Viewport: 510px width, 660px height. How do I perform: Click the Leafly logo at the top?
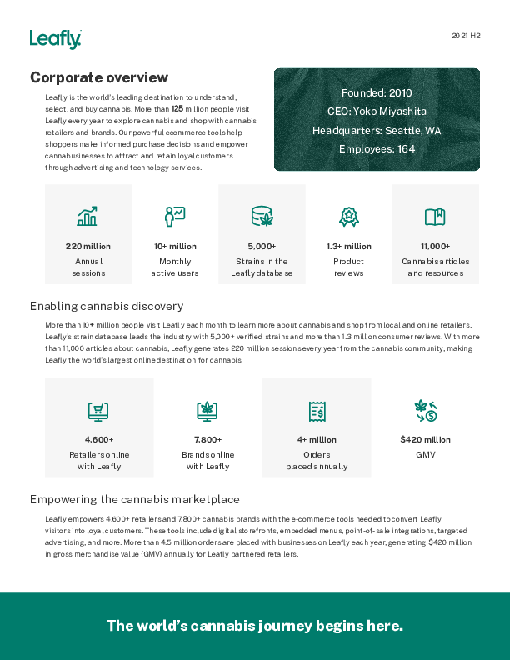tap(55, 39)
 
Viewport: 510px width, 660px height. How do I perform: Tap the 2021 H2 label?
tap(466, 36)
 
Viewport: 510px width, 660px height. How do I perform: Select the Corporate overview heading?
tap(99, 77)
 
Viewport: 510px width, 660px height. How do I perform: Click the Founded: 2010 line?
tap(377, 93)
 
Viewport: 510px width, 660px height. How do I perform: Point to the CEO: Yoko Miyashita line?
tap(377, 112)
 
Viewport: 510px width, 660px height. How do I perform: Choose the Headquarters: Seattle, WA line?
tap(377, 131)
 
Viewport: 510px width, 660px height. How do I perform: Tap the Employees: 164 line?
tap(377, 149)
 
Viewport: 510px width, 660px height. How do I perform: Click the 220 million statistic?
tap(87, 246)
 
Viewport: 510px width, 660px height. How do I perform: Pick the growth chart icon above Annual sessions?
tap(87, 217)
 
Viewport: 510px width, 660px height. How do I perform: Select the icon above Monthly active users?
tap(175, 217)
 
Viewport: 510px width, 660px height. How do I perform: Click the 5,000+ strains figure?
tap(262, 246)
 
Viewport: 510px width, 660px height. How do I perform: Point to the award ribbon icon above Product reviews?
tap(348, 217)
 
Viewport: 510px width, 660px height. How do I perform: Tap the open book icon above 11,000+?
tap(435, 217)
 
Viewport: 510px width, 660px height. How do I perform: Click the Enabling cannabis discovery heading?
tap(107, 306)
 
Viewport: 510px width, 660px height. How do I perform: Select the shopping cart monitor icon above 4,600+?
tap(99, 410)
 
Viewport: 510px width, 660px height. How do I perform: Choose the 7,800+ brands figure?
tap(207, 439)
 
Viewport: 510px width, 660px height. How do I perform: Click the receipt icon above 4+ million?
tap(317, 410)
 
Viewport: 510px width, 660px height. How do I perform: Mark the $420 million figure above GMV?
tap(425, 439)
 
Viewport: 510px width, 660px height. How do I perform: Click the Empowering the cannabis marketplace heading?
tap(134, 499)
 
